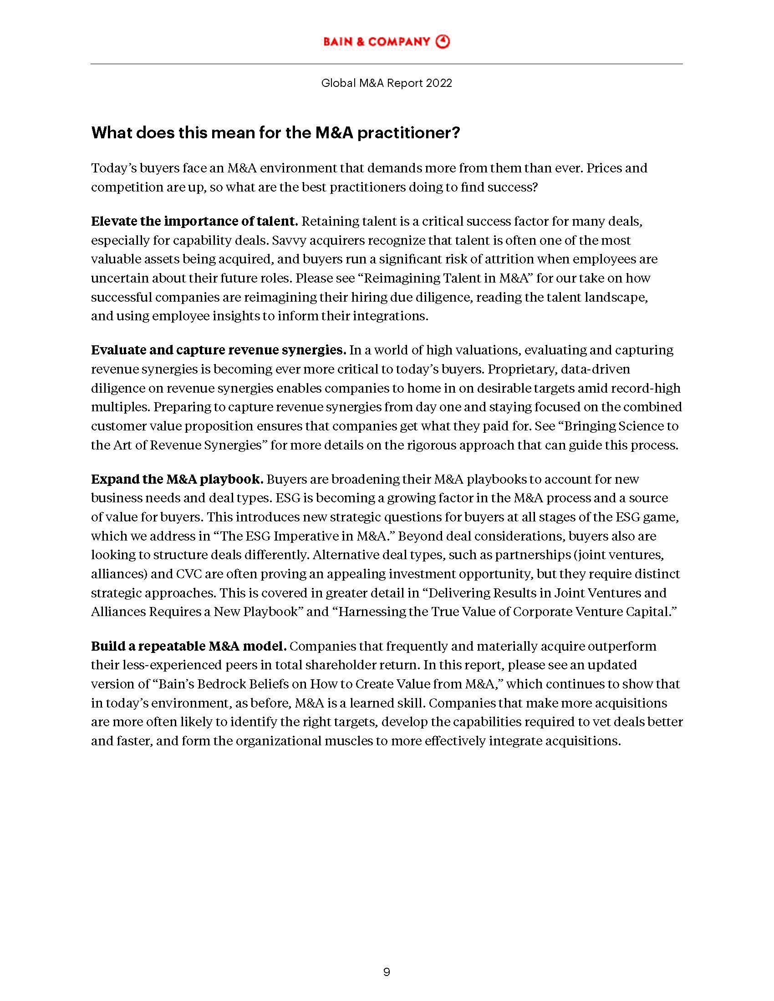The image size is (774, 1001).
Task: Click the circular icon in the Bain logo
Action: tap(443, 42)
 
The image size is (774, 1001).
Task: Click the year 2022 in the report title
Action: tap(439, 83)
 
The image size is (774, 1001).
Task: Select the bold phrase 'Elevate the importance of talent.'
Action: tap(194, 222)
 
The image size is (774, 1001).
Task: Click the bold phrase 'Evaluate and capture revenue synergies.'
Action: tap(218, 350)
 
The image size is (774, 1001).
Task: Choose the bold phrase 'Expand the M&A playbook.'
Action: tap(177, 480)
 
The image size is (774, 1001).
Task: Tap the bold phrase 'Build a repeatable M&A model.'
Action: tap(189, 646)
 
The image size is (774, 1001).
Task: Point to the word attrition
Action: tap(506, 259)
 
